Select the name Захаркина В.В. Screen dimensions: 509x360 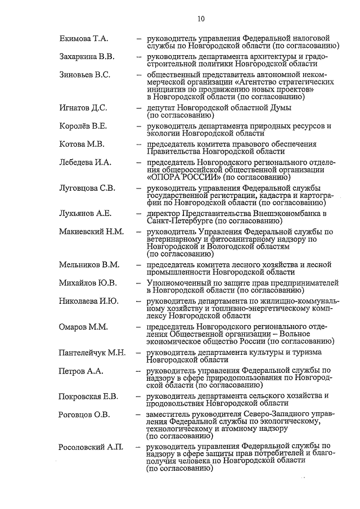pyautogui.click(x=87, y=57)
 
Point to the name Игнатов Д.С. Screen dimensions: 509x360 pyautogui.click(x=83, y=107)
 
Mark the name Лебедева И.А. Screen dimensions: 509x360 pyautogui.click(x=85, y=162)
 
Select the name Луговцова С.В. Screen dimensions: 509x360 pyautogui.click(x=87, y=187)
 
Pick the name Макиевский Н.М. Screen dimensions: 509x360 pyautogui.click(x=91, y=231)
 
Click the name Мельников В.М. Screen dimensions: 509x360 pyautogui.click(x=89, y=264)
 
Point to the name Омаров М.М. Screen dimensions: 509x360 pyautogui.click(x=83, y=326)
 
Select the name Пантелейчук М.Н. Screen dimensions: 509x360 pyautogui.click(x=92, y=353)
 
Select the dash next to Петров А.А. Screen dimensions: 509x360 pyautogui.click(x=138, y=371)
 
